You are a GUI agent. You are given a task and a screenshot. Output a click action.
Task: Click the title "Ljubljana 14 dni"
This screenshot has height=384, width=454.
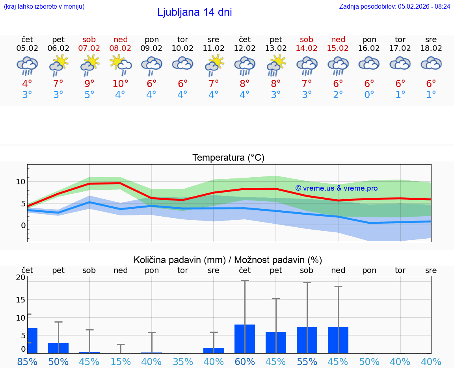[194, 12]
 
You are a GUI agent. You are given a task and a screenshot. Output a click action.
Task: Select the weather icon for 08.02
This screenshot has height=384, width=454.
[121, 65]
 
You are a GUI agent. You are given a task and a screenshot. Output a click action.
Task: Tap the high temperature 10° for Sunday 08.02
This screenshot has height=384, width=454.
[120, 83]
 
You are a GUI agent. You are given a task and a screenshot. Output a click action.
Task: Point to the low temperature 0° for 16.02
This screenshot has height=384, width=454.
[369, 95]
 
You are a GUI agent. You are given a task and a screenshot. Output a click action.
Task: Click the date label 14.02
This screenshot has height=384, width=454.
[307, 48]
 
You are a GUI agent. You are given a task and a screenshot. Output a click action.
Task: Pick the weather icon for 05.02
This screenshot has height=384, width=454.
[27, 65]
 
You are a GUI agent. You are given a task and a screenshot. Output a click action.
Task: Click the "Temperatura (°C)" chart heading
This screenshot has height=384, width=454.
[228, 158]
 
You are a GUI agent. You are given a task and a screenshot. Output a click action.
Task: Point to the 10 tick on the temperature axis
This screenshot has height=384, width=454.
[20, 182]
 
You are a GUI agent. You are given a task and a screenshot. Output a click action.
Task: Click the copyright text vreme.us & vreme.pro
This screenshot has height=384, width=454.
[336, 188]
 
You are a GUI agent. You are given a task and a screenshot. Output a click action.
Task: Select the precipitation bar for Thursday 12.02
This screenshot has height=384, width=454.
[245, 339]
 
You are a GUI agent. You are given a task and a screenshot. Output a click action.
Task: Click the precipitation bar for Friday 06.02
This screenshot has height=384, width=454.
[58, 348]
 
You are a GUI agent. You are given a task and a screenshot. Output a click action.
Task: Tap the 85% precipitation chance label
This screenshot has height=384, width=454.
[27, 362]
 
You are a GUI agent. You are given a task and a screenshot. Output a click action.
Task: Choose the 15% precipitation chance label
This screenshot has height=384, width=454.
[120, 362]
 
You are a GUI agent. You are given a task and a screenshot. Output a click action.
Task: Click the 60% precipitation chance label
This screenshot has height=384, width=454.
[245, 362]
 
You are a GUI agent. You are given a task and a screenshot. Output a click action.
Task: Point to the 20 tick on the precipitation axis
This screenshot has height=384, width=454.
[20, 277]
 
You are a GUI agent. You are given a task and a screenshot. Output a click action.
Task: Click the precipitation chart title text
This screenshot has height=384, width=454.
[228, 260]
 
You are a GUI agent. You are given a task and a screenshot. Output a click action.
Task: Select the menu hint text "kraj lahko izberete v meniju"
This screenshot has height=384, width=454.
[44, 6]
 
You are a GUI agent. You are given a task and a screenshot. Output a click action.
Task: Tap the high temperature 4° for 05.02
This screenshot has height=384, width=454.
[27, 83]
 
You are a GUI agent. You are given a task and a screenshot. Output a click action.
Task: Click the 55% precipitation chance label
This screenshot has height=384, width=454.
[307, 362]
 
